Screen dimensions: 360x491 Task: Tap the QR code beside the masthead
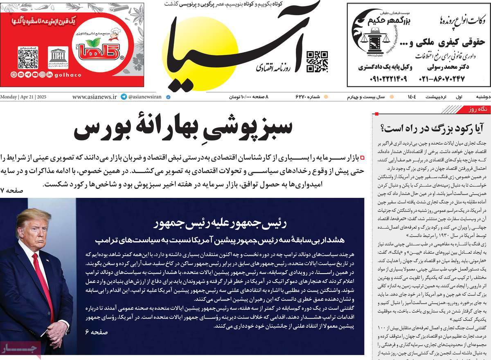[x=317, y=61]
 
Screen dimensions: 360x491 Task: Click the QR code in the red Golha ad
[x=28, y=57]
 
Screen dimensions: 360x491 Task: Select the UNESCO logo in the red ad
[x=58, y=57]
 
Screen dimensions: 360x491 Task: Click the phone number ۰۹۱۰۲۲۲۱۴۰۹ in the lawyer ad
[x=383, y=78]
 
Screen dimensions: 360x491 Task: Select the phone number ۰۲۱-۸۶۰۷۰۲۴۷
[x=441, y=78]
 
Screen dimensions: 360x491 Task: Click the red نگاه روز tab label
[x=475, y=109]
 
